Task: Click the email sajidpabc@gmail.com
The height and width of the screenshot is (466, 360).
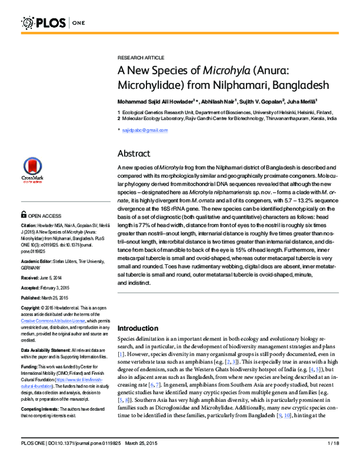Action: point(142,130)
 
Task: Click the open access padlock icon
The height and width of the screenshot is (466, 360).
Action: point(23,214)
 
